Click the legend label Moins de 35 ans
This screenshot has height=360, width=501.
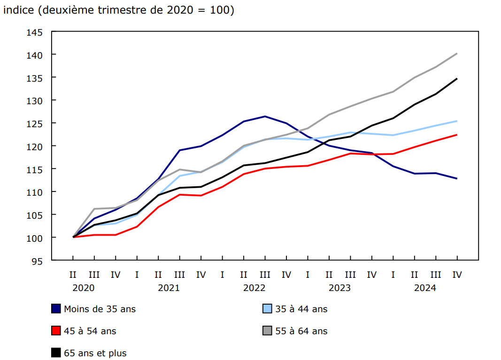pyautogui.click(x=100, y=309)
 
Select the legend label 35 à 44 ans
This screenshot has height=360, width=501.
pyautogui.click(x=301, y=309)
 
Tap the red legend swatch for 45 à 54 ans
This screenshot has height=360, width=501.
pyautogui.click(x=56, y=331)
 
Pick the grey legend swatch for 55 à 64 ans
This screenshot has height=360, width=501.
pyautogui.click(x=267, y=331)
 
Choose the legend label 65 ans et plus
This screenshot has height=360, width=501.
pyautogui.click(x=95, y=353)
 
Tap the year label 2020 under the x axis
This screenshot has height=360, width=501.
pyautogui.click(x=83, y=288)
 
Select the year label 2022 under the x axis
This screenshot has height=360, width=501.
pyautogui.click(x=254, y=288)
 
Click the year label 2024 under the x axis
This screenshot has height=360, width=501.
pyautogui.click(x=425, y=288)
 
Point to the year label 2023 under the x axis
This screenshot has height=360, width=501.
pyautogui.click(x=339, y=288)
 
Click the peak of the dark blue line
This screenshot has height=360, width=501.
pyautogui.click(x=265, y=116)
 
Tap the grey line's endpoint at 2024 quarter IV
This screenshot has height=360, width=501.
pyautogui.click(x=457, y=54)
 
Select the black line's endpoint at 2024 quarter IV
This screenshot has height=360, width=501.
pyautogui.click(x=457, y=79)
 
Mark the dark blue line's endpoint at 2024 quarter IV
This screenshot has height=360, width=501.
pyautogui.click(x=457, y=178)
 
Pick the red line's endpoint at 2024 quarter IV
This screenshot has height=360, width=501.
pyautogui.click(x=457, y=135)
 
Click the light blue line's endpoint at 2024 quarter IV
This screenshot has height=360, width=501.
pyautogui.click(x=457, y=121)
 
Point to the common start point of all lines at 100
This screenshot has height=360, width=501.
pyautogui.click(x=73, y=237)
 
